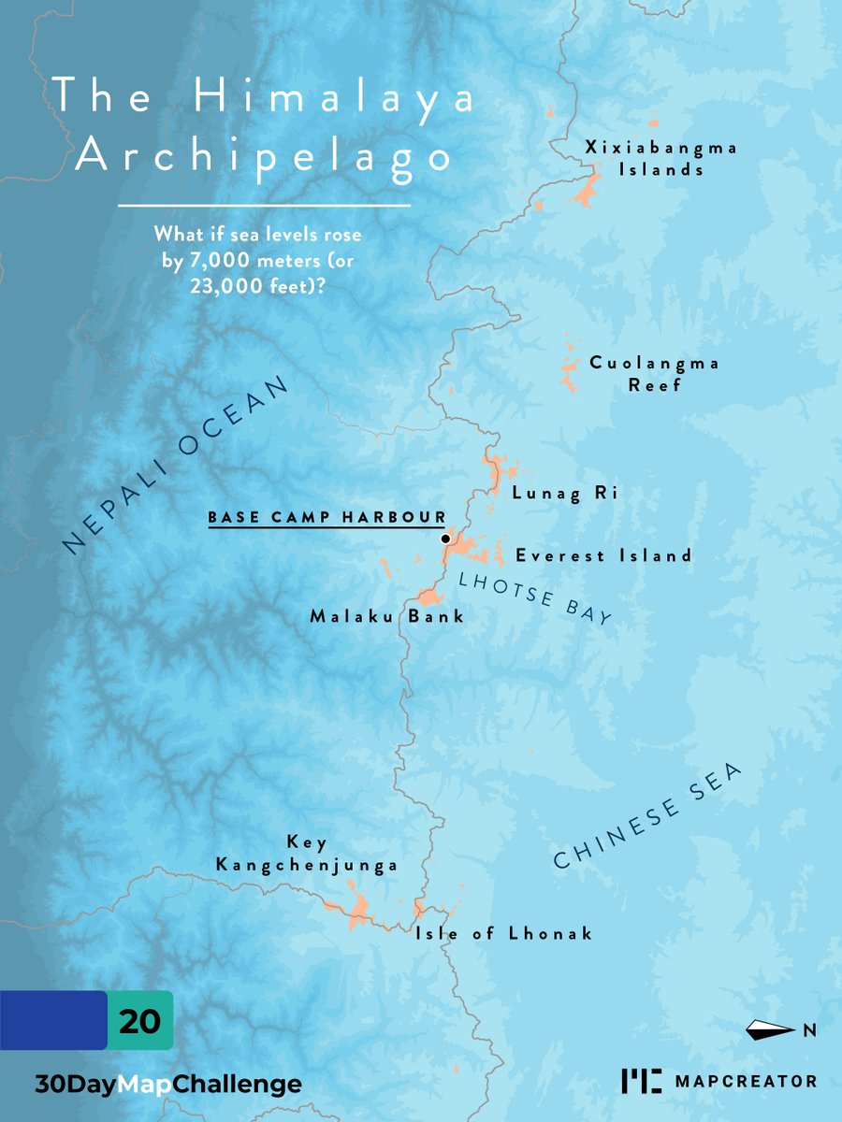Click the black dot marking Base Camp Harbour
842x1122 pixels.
tap(445, 539)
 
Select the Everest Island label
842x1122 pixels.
tap(603, 555)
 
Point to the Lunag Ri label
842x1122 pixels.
tap(564, 494)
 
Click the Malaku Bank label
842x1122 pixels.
tap(386, 617)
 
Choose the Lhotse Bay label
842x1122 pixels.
tap(535, 597)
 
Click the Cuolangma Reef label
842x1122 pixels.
tap(655, 374)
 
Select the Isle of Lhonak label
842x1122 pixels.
tap(504, 933)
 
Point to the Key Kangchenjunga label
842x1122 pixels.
tap(308, 854)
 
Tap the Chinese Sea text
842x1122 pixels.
tap(646, 816)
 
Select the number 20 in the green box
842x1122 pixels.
tap(140, 1020)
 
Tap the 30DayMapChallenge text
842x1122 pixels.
tap(168, 1085)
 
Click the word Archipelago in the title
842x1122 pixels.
tap(264, 156)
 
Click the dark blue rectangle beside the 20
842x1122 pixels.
tap(52, 1020)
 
